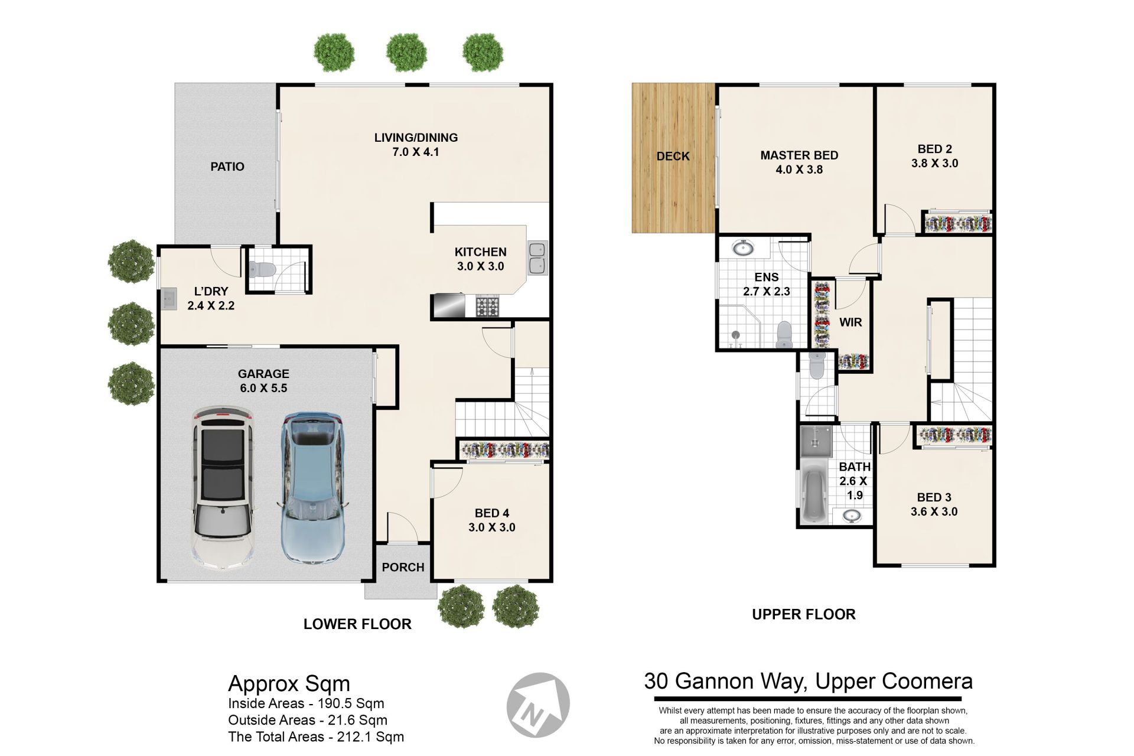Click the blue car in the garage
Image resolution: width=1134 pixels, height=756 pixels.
pyautogui.click(x=312, y=488)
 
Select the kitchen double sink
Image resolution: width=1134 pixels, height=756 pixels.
pyautogui.click(x=537, y=258)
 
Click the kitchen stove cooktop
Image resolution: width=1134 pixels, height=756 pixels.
pyautogui.click(x=488, y=306)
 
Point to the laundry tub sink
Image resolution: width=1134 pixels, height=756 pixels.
pyautogui.click(x=169, y=299)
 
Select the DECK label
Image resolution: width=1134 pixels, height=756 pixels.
pyautogui.click(x=673, y=156)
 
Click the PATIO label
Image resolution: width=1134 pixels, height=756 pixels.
pyautogui.click(x=227, y=167)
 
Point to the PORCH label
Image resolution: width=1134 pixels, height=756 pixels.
pyautogui.click(x=403, y=567)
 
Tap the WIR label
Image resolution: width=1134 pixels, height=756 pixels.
pyautogui.click(x=850, y=322)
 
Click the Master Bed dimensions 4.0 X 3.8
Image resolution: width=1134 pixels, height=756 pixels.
pyautogui.click(x=799, y=170)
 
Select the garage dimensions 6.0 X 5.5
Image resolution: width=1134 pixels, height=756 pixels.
pyautogui.click(x=263, y=388)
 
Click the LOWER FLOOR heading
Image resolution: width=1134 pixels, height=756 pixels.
pyautogui.click(x=357, y=624)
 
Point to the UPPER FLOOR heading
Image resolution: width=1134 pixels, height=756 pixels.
pyautogui.click(x=804, y=614)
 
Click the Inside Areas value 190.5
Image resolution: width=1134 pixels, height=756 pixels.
pyautogui.click(x=335, y=703)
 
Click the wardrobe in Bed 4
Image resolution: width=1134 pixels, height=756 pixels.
pyautogui.click(x=505, y=450)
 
